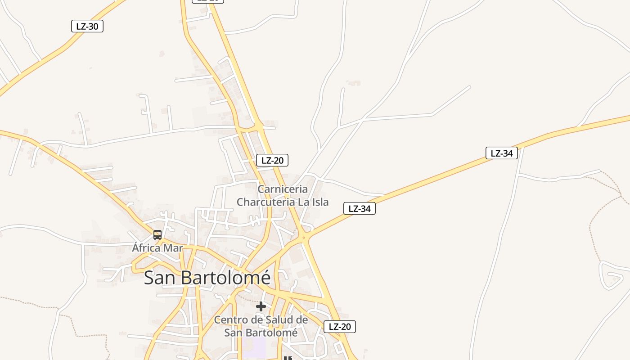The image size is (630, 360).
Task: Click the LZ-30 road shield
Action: tap(87, 26)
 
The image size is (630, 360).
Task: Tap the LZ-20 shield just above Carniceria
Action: tap(272, 160)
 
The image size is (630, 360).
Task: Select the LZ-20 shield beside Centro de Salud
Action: tap(340, 327)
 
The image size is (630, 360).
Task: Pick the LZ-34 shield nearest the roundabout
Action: tap(360, 208)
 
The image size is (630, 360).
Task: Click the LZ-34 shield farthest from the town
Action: tap(502, 153)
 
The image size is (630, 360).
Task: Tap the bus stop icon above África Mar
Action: tap(157, 234)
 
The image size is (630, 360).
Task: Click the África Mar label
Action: tap(157, 247)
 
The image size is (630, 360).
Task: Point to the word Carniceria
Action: tap(283, 189)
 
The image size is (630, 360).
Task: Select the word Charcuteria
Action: tap(266, 202)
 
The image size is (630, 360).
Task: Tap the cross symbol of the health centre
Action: tap(261, 306)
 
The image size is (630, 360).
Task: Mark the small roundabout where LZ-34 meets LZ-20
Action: tap(304, 238)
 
